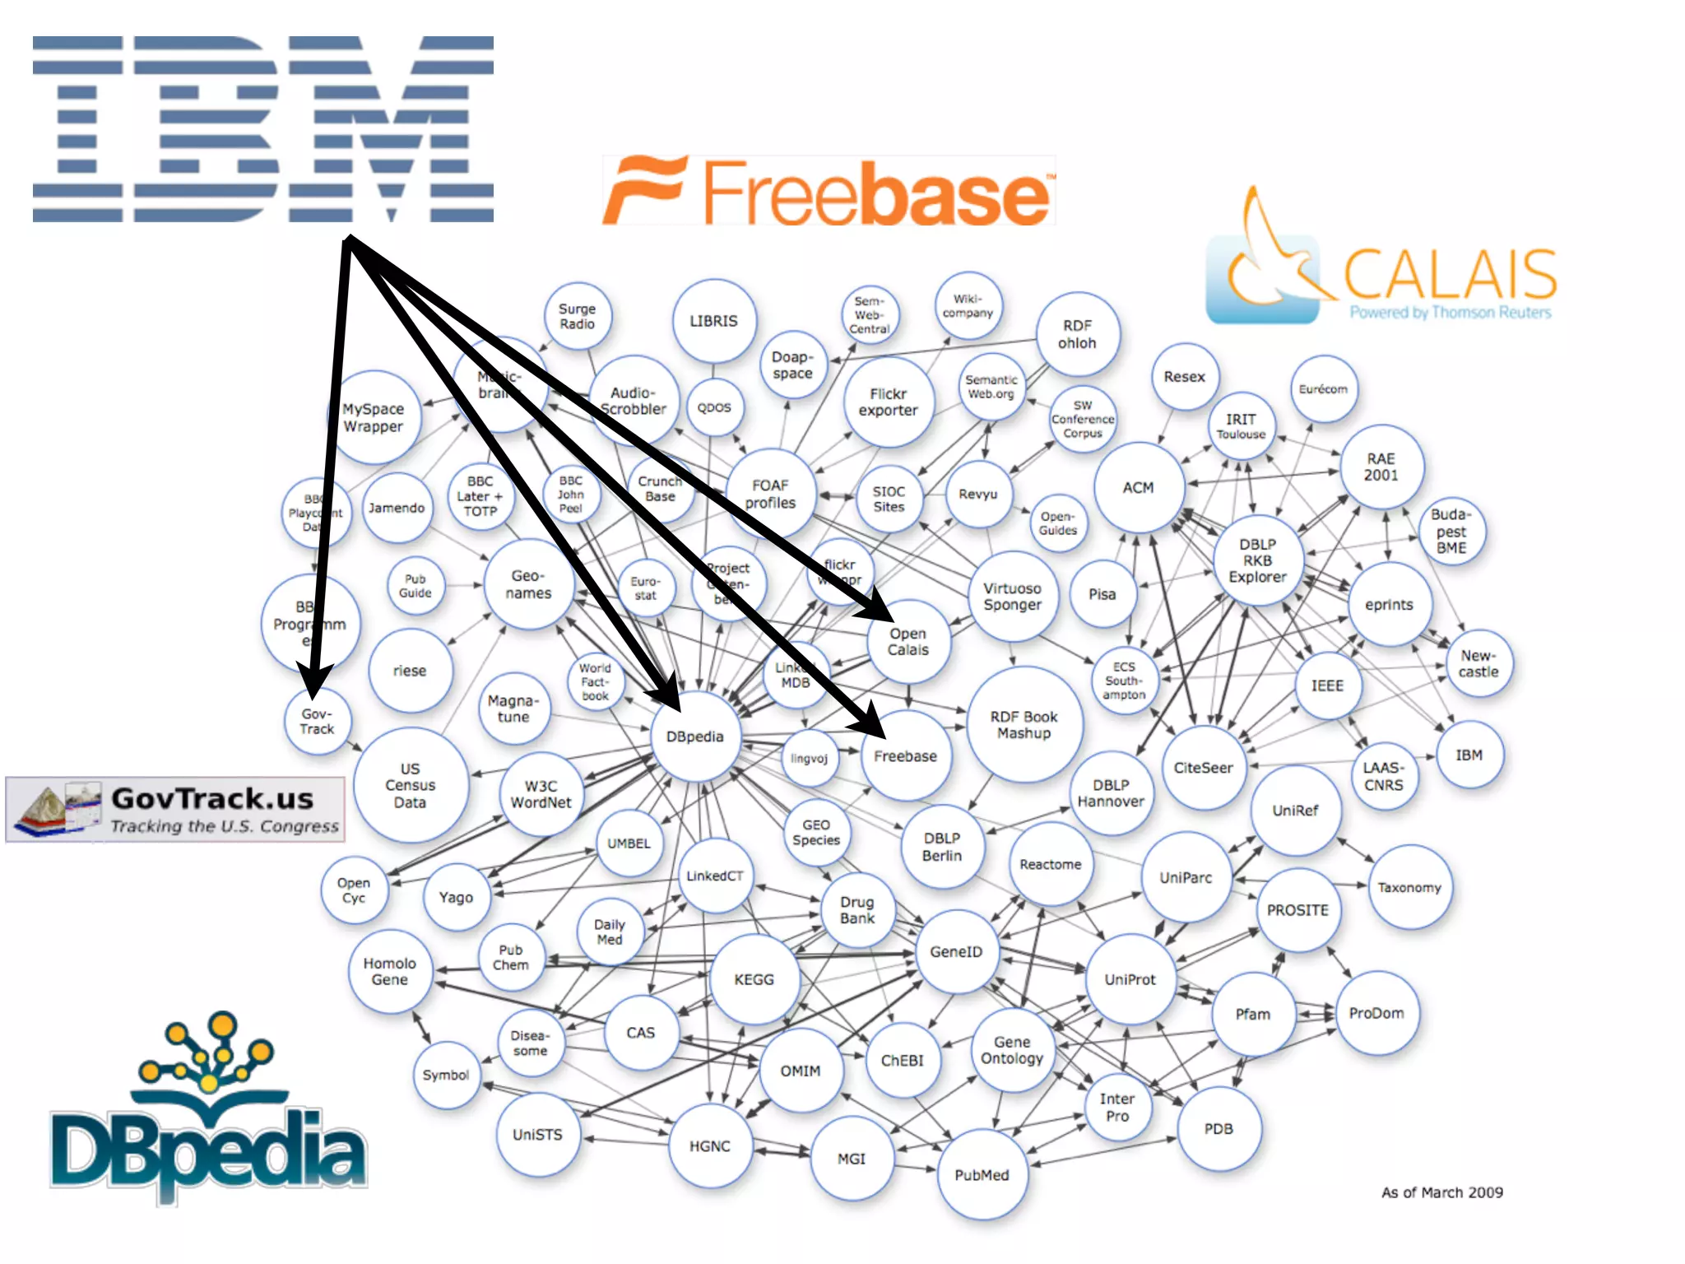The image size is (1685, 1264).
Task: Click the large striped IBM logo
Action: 263,129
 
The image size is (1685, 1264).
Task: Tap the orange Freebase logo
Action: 829,191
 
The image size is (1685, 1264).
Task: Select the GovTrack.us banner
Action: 175,809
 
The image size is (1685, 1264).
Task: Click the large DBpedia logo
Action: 207,1111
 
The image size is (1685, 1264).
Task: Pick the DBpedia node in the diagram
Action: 695,737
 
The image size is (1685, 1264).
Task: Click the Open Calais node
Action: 907,642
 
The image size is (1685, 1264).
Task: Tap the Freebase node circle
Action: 905,756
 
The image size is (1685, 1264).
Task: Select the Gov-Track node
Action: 317,722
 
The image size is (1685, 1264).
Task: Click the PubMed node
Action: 982,1175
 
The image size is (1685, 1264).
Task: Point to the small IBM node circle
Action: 1469,755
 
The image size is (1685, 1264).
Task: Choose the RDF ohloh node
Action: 1077,334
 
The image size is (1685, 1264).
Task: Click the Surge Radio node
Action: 577,317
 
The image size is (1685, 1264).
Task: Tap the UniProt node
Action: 1130,979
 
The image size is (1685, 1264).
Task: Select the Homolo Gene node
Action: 389,972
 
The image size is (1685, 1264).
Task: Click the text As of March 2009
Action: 1441,1192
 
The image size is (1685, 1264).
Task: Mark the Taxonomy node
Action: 1409,888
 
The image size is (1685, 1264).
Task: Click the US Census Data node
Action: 410,785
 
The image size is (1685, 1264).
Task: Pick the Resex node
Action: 1184,377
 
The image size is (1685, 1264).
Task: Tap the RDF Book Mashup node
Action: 1024,725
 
